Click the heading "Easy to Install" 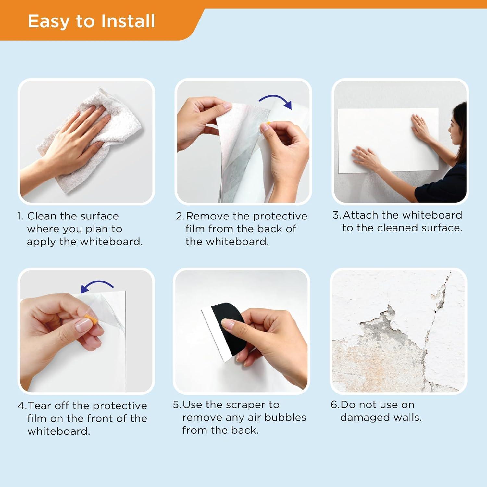click(91, 21)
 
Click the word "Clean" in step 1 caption click(42, 216)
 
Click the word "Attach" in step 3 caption click(361, 215)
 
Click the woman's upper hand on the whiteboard click(421, 127)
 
